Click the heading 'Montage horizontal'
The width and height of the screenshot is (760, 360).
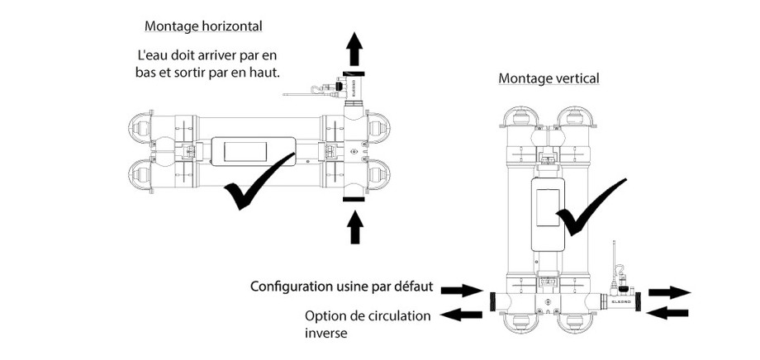(x=203, y=26)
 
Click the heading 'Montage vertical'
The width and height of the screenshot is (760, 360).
(x=549, y=78)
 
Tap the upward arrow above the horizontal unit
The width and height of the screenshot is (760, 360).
(x=354, y=51)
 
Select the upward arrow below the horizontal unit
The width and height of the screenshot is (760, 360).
(x=354, y=227)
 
